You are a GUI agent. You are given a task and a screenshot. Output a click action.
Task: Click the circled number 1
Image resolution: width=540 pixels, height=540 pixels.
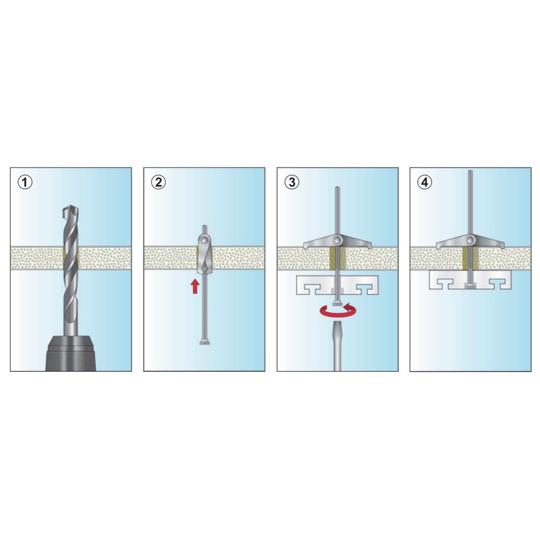[x=25, y=182]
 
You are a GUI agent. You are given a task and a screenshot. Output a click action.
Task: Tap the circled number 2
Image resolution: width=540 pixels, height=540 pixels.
[x=158, y=182]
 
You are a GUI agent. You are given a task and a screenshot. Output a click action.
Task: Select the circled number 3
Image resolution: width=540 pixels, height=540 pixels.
[x=292, y=182]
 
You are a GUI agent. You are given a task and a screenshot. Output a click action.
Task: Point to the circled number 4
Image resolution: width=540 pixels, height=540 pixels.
[x=425, y=182]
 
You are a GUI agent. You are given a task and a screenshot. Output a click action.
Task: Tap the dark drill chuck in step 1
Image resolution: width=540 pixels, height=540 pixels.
[x=71, y=353]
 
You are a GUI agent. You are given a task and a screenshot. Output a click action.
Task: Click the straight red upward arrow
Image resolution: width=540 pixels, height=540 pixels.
[x=195, y=286]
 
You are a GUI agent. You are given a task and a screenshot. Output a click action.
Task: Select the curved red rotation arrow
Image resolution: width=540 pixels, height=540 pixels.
[x=338, y=310]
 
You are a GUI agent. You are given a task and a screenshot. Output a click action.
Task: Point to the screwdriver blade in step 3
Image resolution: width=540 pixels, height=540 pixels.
[x=337, y=346]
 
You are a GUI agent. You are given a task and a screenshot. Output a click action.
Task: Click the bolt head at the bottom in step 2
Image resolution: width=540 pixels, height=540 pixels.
[x=205, y=342]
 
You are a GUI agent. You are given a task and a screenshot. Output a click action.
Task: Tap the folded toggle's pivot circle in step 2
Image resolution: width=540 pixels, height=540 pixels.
[x=205, y=239]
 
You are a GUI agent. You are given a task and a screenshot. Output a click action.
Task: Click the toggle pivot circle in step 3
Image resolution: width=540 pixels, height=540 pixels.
[x=338, y=239]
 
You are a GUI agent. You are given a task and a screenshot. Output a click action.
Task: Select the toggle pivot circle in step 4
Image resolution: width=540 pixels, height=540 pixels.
[x=470, y=239]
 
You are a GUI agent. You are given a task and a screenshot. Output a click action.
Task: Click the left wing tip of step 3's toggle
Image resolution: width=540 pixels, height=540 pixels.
[x=305, y=246]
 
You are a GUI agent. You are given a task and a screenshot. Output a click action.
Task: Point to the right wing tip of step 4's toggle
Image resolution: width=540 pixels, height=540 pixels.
[x=503, y=246]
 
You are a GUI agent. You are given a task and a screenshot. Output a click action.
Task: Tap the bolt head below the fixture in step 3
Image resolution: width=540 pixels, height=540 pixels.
[x=338, y=304]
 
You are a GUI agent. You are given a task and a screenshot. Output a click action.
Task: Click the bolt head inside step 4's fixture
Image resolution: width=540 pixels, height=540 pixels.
[x=470, y=286]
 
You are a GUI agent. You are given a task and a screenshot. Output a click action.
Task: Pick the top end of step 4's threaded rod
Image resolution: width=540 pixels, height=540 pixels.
[x=470, y=171]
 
